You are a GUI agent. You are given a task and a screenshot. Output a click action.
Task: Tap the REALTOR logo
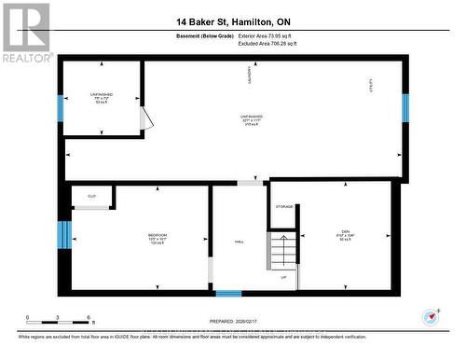click(x=25, y=33)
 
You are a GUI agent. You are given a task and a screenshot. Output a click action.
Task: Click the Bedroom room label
click(x=158, y=237)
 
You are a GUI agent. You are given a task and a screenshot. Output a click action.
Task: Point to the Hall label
click(x=240, y=243)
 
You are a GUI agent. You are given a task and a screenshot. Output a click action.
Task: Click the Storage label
click(x=284, y=206)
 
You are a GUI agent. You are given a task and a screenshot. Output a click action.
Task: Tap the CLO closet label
click(x=92, y=196)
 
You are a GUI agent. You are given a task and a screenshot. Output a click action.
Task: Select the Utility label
click(x=371, y=86)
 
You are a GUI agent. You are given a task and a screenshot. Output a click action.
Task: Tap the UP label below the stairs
click(x=283, y=278)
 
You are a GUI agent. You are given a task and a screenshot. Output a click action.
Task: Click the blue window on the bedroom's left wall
click(x=63, y=235)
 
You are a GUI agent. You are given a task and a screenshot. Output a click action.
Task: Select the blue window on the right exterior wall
click(x=405, y=108)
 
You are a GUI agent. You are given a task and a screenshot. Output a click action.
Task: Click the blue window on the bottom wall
click(x=228, y=294)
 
